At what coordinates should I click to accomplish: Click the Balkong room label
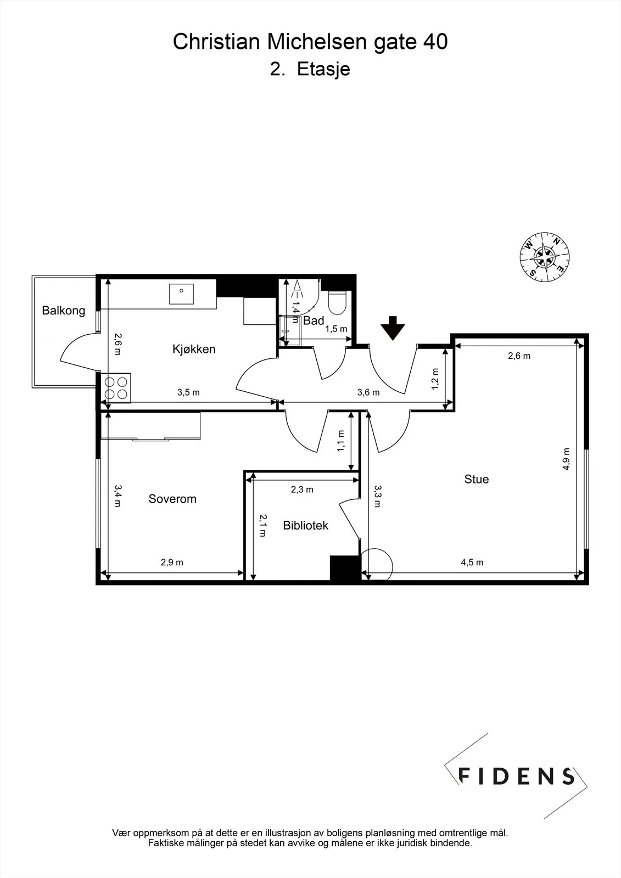64,311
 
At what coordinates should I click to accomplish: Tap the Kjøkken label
194,349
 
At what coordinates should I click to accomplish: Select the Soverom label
172,499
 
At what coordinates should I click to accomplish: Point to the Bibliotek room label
306,526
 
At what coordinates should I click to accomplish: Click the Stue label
477,480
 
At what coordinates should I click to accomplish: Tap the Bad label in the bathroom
314,320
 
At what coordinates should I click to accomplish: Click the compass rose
545,257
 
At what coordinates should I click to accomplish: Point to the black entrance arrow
393,328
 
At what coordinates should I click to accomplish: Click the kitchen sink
181,294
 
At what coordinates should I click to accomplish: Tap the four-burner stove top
116,388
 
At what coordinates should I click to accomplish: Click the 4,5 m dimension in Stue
472,562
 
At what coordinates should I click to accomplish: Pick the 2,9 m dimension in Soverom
172,562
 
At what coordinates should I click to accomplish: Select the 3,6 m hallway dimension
368,392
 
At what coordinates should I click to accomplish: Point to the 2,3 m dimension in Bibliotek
302,489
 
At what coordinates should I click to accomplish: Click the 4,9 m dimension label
566,459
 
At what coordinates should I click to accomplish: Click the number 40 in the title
435,42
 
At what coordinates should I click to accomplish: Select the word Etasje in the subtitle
323,69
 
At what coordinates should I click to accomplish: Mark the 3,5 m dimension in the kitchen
188,392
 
